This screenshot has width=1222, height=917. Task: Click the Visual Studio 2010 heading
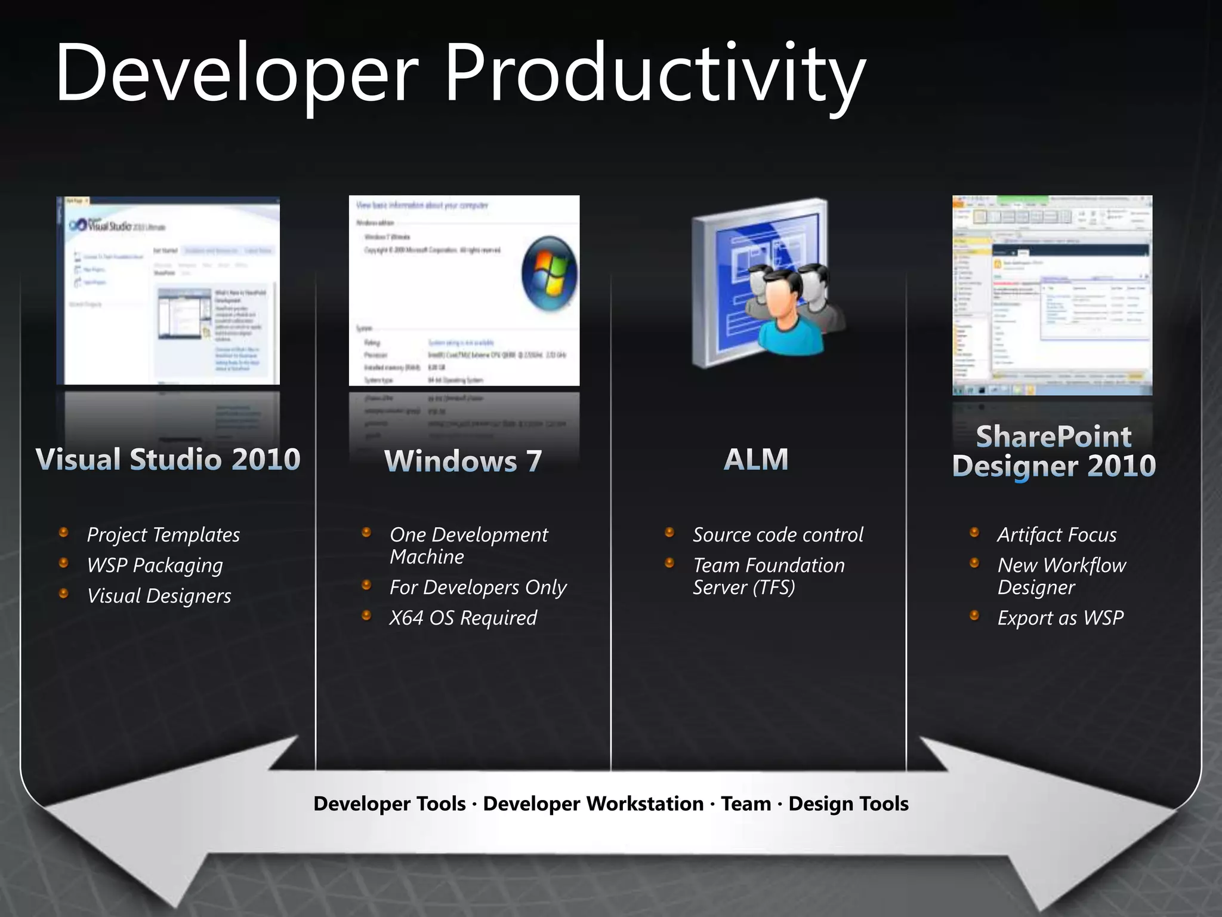(x=168, y=459)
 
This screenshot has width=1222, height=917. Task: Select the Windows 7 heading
(x=463, y=461)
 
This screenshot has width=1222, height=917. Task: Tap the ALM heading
(x=756, y=459)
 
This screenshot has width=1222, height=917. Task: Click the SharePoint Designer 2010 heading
(x=1054, y=451)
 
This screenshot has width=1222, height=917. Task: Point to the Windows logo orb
(x=549, y=273)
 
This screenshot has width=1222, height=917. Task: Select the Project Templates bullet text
(x=163, y=534)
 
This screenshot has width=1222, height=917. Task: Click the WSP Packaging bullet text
(x=155, y=565)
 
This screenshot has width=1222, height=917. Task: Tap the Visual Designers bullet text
(x=159, y=595)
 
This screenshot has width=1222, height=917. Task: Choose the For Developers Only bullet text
(x=477, y=587)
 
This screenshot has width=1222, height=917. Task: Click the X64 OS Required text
(x=463, y=617)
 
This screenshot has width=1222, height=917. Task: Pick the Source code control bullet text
(x=777, y=534)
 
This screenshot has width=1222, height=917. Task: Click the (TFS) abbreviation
(x=774, y=587)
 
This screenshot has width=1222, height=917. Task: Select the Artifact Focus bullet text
(x=1057, y=534)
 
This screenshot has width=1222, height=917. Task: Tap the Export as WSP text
(x=1060, y=617)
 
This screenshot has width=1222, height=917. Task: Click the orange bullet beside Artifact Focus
(x=974, y=532)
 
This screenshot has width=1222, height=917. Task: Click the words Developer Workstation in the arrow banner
(x=593, y=804)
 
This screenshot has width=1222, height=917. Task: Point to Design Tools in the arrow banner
(x=848, y=804)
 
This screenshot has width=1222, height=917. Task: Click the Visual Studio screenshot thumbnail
(x=168, y=291)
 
